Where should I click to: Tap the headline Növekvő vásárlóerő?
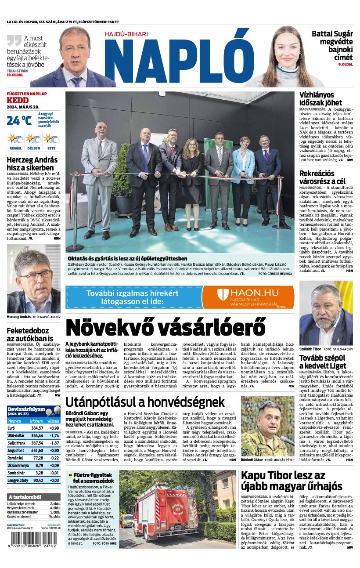[165, 328]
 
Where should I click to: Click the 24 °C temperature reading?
[19, 120]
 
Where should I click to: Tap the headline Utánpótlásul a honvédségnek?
[145, 402]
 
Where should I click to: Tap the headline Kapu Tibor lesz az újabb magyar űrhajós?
[291, 480]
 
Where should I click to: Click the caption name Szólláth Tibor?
[310, 349]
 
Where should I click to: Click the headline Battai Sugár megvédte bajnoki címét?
[332, 45]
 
